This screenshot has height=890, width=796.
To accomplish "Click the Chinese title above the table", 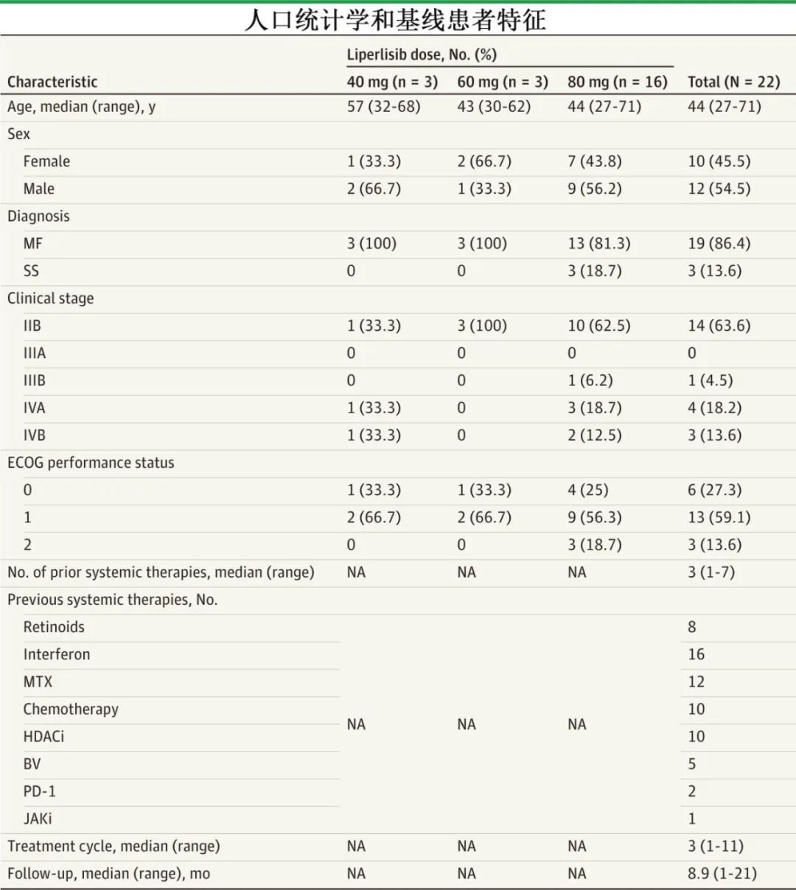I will click(396, 20).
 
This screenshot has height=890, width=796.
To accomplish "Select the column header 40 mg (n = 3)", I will click(392, 81).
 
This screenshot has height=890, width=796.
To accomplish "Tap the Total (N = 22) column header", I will click(733, 81).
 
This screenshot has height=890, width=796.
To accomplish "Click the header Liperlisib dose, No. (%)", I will click(422, 55).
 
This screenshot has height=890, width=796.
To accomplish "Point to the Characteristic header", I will click(52, 82).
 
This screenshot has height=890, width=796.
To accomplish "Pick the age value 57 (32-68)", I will click(383, 107).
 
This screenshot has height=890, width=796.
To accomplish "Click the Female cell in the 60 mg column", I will click(483, 161).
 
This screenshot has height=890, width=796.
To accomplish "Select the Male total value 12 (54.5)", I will click(719, 189).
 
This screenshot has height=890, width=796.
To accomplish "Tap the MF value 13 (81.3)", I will click(598, 244).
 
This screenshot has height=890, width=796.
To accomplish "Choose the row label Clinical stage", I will click(51, 298).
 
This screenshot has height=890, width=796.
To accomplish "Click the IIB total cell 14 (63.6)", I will click(719, 326).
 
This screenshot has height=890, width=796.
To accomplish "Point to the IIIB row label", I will click(34, 381).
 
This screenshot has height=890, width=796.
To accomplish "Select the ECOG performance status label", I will click(91, 463).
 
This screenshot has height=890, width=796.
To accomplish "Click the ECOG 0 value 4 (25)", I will click(587, 490).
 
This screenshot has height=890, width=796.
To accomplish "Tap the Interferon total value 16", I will click(696, 654).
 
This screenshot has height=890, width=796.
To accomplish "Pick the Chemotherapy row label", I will click(71, 709).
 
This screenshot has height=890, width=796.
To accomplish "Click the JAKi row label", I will click(38, 819).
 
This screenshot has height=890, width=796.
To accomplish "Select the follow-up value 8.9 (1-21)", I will click(722, 874).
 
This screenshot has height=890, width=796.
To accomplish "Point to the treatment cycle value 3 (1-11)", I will click(715, 846).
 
